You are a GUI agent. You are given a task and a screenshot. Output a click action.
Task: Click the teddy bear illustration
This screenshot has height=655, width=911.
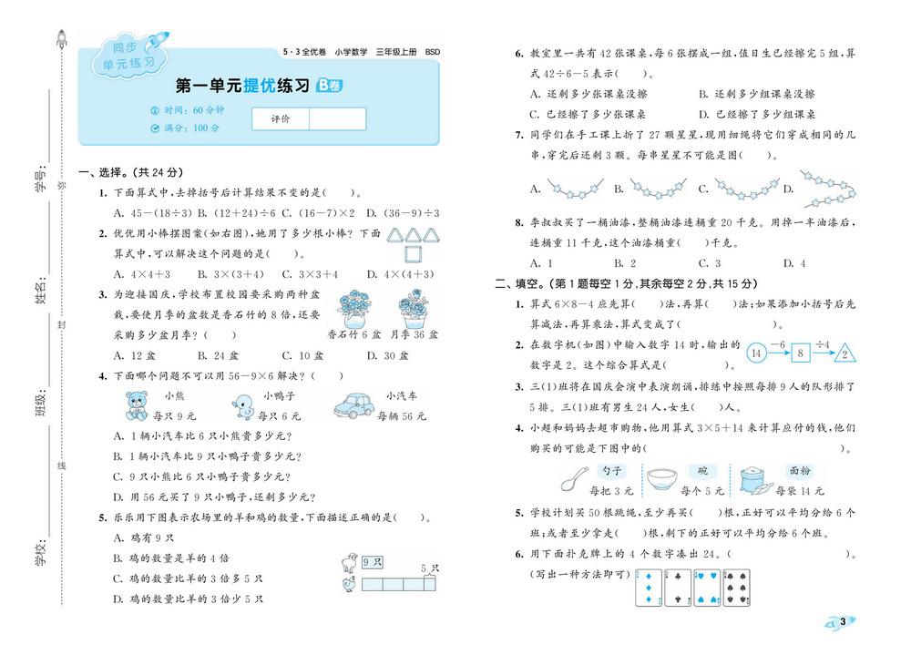click(x=137, y=405)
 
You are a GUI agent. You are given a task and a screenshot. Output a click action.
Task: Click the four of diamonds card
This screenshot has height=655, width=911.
click(x=648, y=589)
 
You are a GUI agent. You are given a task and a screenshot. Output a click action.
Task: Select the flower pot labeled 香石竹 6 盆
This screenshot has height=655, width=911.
click(x=348, y=308)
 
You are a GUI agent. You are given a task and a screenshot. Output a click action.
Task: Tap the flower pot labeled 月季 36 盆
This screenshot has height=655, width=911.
click(x=414, y=308)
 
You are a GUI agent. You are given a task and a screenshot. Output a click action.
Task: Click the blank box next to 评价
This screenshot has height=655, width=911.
click(x=337, y=118)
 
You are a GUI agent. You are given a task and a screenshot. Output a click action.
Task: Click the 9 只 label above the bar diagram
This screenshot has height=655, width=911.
click(x=371, y=562)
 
